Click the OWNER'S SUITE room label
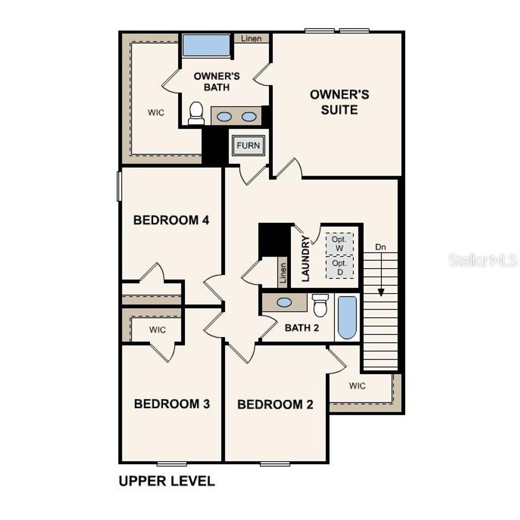(339, 102)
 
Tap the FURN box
(248, 146)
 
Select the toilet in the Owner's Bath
(196, 113)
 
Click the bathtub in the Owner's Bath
(206, 45)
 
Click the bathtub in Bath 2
(347, 317)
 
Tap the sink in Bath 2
(284, 303)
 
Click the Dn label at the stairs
(381, 247)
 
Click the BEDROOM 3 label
(172, 404)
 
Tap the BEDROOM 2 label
(275, 405)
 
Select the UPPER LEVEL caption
(167, 481)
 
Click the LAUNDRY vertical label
(306, 258)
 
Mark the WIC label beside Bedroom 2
(357, 386)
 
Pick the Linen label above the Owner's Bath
(251, 39)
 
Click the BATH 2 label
(302, 328)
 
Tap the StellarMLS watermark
(482, 261)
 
